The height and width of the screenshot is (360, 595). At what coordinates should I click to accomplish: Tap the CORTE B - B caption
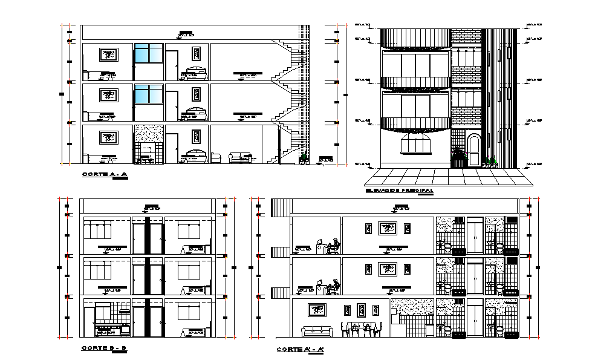105,348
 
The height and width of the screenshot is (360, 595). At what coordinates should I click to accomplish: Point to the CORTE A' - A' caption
300,349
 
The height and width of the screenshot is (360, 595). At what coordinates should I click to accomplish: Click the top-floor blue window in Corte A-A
148,53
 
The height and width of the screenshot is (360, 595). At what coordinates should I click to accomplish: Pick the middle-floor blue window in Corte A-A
148,94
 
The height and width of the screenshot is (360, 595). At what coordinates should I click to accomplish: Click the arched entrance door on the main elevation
473,149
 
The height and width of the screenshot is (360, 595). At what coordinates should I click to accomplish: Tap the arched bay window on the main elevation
415,146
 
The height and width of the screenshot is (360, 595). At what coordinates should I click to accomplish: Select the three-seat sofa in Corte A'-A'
317,331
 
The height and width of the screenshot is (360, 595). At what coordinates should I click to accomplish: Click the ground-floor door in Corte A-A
172,149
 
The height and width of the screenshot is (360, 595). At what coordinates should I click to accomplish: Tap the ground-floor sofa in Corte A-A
240,157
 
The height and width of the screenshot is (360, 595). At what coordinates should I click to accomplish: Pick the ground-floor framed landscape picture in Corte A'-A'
316,310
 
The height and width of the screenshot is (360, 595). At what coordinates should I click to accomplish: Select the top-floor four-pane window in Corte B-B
98,231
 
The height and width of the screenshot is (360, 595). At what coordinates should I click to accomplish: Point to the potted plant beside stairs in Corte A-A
302,159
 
